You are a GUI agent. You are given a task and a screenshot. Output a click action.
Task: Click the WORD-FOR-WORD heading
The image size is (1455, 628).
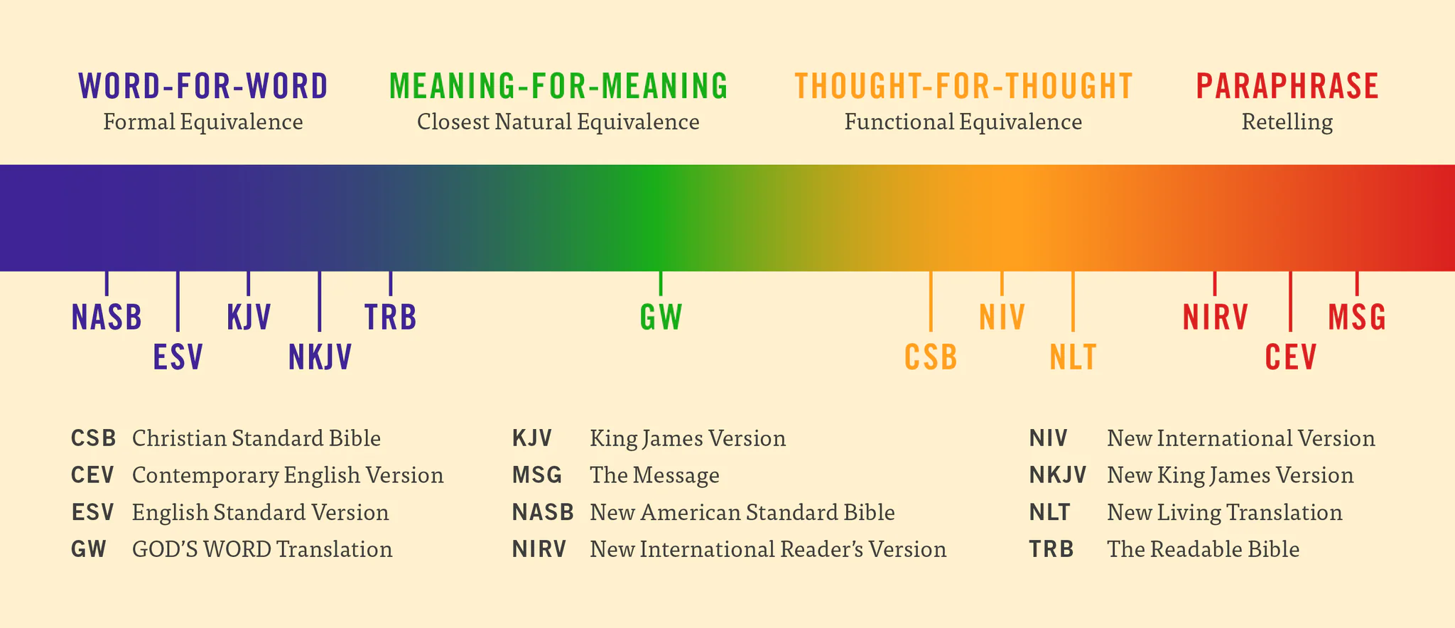203,87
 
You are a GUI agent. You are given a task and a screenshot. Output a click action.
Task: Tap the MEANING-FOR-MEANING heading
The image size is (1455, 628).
558,87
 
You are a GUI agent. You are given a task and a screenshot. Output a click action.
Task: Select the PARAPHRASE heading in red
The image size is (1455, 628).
1287,87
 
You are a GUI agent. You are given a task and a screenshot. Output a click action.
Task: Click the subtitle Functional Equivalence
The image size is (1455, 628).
963,122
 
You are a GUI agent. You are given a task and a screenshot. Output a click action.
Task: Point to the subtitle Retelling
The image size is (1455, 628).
1287,122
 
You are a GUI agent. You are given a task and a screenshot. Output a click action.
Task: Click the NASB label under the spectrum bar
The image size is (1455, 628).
107,318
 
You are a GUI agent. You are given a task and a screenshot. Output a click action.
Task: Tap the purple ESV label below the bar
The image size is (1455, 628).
178,357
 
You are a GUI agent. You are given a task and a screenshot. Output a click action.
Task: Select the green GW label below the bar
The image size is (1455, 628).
661,318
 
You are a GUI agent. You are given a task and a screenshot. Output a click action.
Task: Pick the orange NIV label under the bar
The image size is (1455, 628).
1002,318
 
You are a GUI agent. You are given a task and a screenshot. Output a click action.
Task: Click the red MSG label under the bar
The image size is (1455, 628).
1357,318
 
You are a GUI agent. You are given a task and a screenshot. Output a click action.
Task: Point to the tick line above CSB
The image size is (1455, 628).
931,302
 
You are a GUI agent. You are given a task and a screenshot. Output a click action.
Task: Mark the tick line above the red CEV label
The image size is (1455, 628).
1290,302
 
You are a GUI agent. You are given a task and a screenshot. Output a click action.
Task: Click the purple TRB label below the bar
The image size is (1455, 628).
390,318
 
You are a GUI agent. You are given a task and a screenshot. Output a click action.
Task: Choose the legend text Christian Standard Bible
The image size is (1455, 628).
256,438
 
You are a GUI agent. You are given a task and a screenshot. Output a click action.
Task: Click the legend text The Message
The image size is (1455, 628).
654,475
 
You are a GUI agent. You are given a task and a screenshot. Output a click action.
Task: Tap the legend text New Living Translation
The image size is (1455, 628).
1224,512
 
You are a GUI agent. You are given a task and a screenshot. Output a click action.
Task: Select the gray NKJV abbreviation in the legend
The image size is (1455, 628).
1057,475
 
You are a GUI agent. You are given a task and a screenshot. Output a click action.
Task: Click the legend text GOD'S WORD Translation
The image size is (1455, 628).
262,549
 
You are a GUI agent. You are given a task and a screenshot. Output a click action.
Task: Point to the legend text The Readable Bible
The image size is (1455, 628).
1203,549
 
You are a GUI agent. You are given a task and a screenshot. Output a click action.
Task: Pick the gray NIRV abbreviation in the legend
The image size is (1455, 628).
539,549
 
